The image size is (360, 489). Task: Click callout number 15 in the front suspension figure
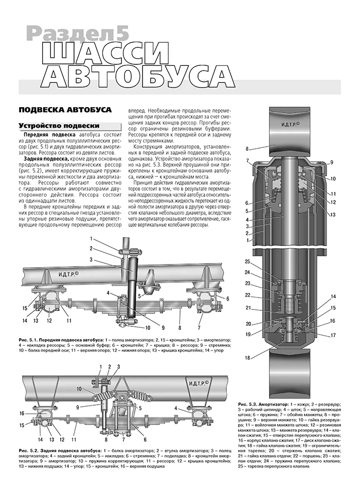point(24,308)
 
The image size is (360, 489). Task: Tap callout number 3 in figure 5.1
point(91,259)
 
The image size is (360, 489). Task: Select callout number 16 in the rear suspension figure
point(21,413)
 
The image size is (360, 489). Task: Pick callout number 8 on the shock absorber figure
point(247,149)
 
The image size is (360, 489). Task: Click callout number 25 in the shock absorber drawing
point(247,261)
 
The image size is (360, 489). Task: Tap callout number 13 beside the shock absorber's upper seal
point(333,214)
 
